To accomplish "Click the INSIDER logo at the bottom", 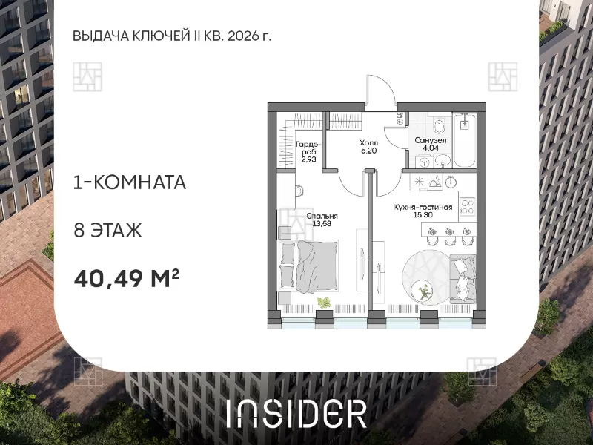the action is click(x=297, y=414).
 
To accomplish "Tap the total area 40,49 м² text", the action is click(x=126, y=278).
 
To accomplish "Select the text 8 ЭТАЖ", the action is click(x=107, y=230).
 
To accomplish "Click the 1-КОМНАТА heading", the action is click(x=130, y=182).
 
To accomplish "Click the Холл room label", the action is click(x=368, y=143).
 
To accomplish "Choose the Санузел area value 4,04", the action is click(x=431, y=148).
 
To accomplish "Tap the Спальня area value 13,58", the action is click(x=322, y=223).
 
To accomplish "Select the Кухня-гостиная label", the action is click(x=423, y=208).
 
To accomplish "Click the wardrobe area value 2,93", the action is click(x=308, y=159).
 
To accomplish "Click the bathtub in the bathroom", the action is click(x=465, y=139).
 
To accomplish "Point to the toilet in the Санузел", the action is click(x=439, y=125).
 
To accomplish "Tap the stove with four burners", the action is click(x=468, y=206).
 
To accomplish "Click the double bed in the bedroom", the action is click(x=308, y=266).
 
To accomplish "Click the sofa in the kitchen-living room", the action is click(x=463, y=279).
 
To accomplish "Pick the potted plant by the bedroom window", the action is click(x=324, y=303).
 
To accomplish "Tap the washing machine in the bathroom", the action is click(x=425, y=162).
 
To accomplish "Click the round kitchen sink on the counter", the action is click(x=451, y=182).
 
